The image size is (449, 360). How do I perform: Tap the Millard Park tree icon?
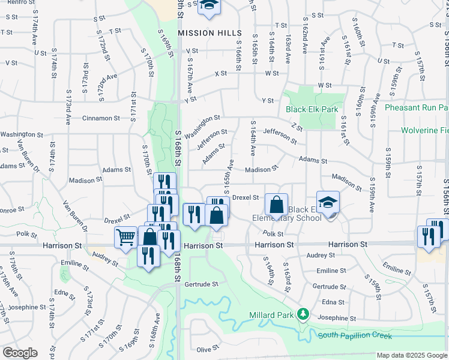[304, 314]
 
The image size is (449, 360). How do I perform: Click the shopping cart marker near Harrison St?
[124, 238]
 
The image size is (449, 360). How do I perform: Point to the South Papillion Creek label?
[355, 335]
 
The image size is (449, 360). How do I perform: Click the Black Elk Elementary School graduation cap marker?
[328, 202]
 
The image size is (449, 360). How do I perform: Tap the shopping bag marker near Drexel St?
[276, 205]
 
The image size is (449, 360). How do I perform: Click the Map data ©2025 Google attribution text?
[412, 355]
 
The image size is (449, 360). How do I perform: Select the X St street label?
[220, 73]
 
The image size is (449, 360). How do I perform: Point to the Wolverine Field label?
[426, 130]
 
